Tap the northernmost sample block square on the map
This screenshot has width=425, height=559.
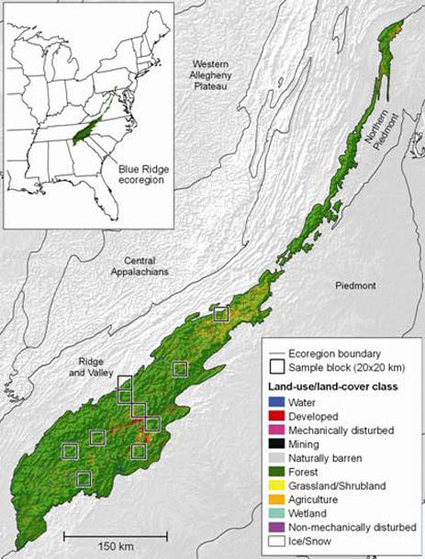(x=220, y=313)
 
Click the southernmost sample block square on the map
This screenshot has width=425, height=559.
(x=84, y=477)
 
